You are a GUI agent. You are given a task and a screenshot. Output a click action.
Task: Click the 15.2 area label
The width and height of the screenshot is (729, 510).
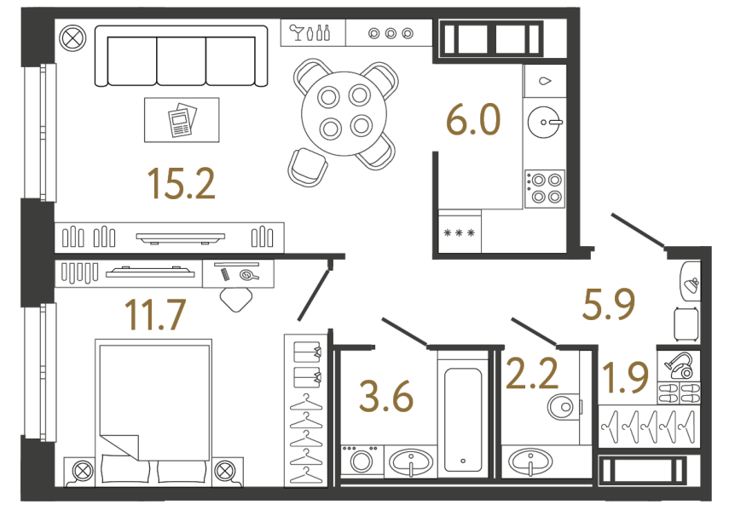pyautogui.click(x=180, y=182)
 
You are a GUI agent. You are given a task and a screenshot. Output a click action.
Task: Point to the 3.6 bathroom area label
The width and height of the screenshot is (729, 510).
pyautogui.click(x=387, y=397)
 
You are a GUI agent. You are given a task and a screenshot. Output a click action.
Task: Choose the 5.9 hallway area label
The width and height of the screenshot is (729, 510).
pyautogui.click(x=608, y=304)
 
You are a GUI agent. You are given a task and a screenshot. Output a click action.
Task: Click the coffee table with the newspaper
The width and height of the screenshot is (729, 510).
pyautogui.click(x=181, y=120)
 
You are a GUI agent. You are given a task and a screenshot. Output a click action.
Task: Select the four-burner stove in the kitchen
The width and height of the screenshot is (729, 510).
pyautogui.click(x=545, y=188)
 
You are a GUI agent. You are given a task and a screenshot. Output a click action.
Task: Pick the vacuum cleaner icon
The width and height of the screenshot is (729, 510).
pyautogui.click(x=680, y=367)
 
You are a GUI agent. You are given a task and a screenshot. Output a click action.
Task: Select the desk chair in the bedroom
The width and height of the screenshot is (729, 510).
pyautogui.click(x=236, y=297)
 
